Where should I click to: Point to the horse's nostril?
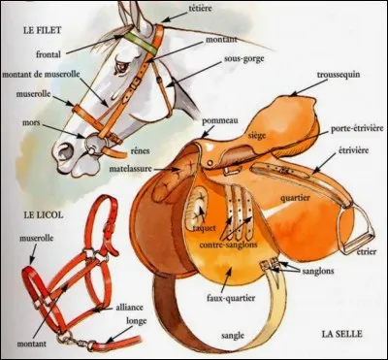point(63,149)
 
